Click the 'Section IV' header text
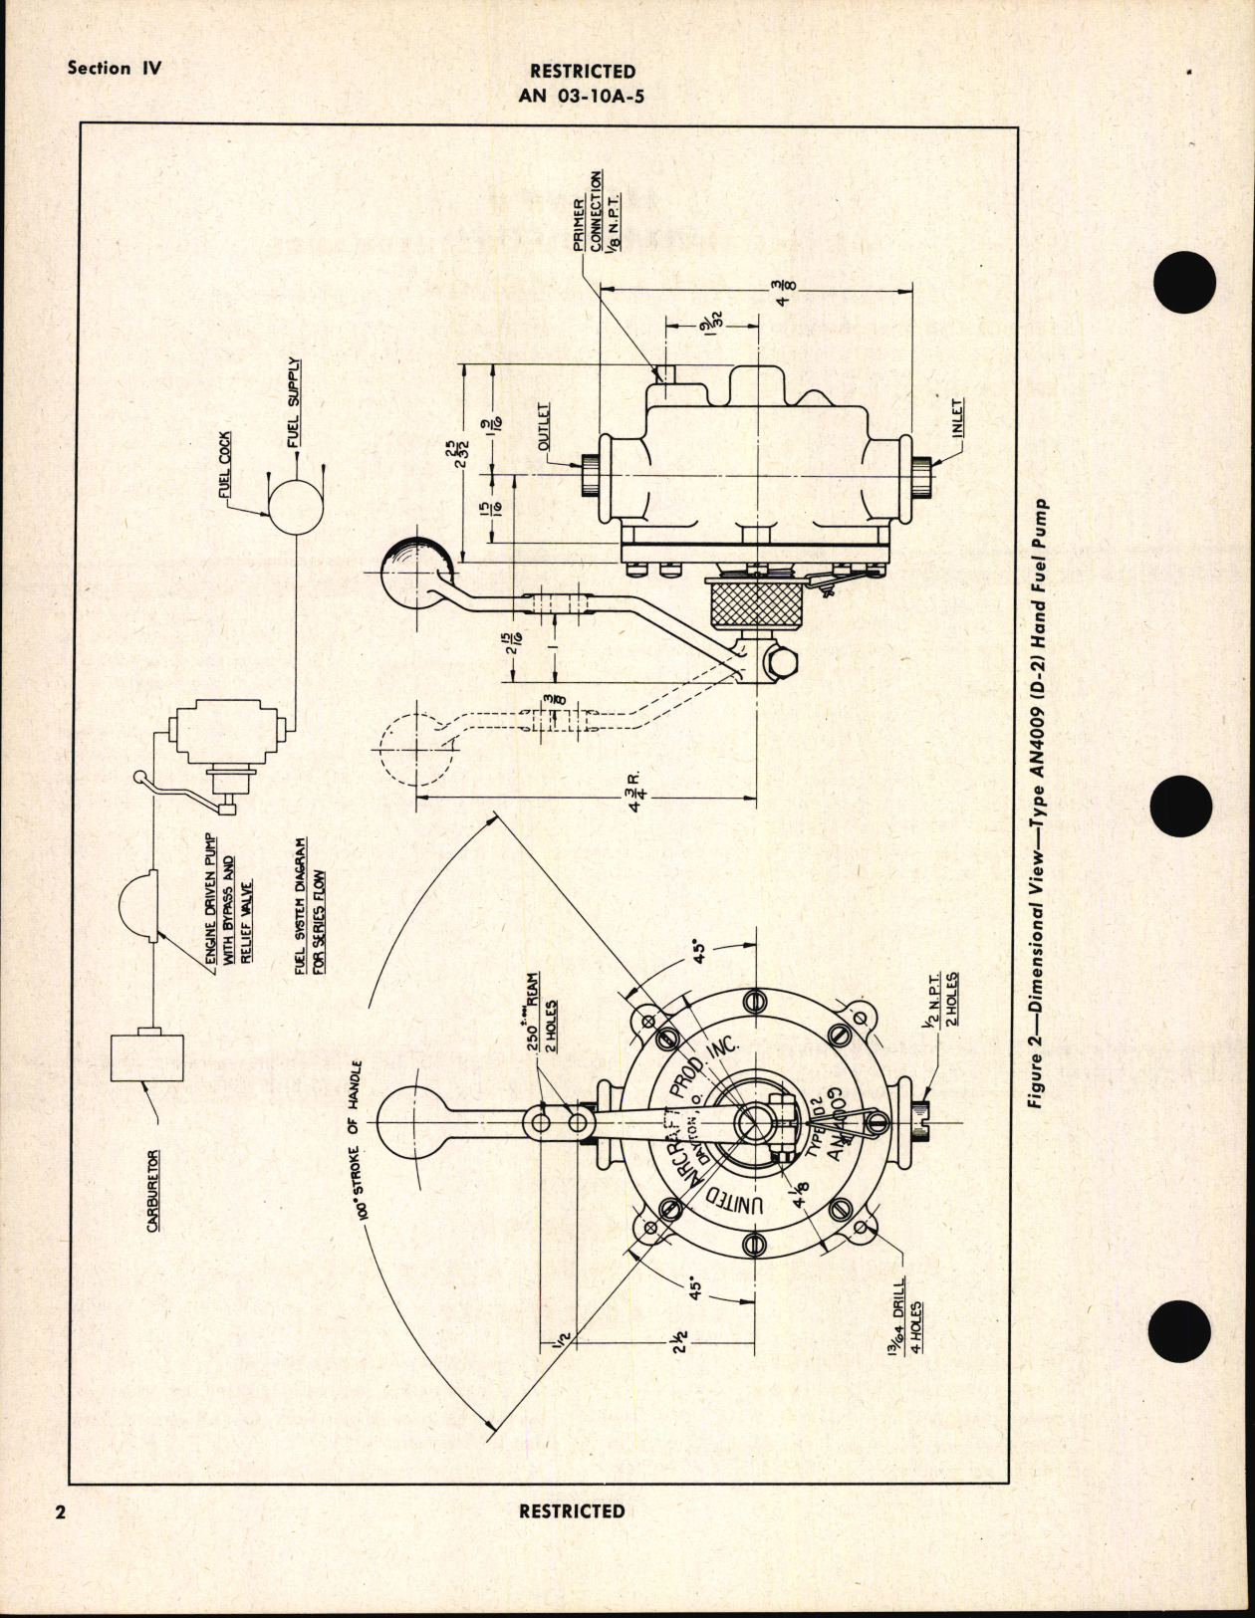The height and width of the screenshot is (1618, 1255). pyautogui.click(x=114, y=69)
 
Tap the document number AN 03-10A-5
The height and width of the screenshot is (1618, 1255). pyautogui.click(x=583, y=96)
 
